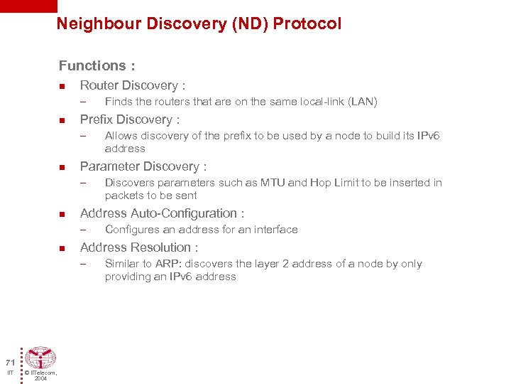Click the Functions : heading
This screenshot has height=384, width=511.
coord(97,66)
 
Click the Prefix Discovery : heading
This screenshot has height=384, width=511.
coord(130,119)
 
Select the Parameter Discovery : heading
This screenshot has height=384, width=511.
coord(143,166)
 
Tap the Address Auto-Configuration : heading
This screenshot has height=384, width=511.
coord(163,213)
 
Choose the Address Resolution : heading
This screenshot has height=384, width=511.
coord(139,247)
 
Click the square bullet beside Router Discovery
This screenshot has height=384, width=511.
coord(62,86)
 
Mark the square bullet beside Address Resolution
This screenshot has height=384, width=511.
coord(62,248)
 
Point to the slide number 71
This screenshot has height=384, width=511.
coord(10,361)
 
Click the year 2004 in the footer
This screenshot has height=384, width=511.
coord(40,378)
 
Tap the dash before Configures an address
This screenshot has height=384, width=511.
coord(83,230)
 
